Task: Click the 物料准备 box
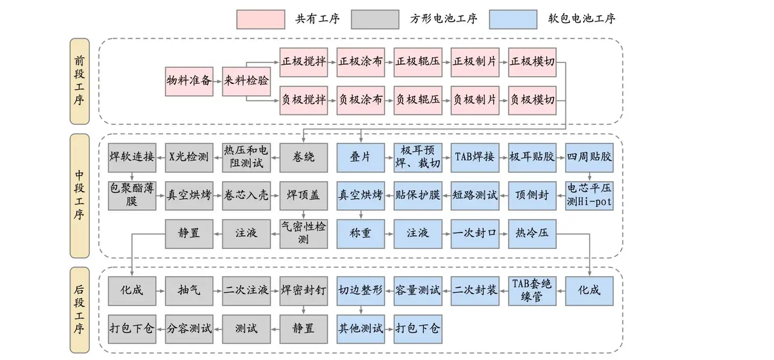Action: pyautogui.click(x=189, y=81)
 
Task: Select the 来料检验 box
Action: pyautogui.click(x=246, y=81)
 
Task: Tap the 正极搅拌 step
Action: pyautogui.click(x=303, y=61)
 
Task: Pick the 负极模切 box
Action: pyautogui.click(x=532, y=100)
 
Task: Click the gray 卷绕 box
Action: pyautogui.click(x=303, y=157)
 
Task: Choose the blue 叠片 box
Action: pyautogui.click(x=360, y=157)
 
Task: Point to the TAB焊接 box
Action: pyautogui.click(x=475, y=157)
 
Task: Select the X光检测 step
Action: pyautogui.click(x=189, y=157)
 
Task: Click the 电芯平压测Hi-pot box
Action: pyautogui.click(x=590, y=195)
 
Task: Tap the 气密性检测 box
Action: pyautogui.click(x=303, y=233)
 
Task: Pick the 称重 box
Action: pyautogui.click(x=360, y=233)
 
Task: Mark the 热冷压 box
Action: pyautogui.click(x=532, y=233)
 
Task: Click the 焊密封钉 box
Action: pyautogui.click(x=303, y=290)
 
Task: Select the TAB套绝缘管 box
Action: pyautogui.click(x=532, y=290)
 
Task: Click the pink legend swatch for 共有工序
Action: pyautogui.click(x=261, y=19)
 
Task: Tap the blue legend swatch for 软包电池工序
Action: pyautogui.click(x=513, y=19)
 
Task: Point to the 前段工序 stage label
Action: pyautogui.click(x=80, y=81)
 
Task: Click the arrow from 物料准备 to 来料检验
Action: pyautogui.click(x=217, y=81)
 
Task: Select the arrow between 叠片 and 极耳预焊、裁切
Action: pyautogui.click(x=389, y=157)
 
